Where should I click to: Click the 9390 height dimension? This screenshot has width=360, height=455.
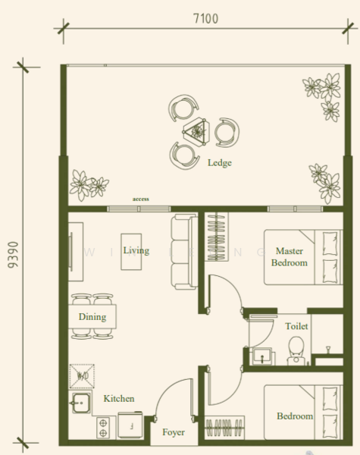click(x=10, y=258)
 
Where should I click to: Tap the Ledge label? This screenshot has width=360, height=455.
click(x=220, y=163)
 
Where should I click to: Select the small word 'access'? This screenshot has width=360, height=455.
click(x=140, y=199)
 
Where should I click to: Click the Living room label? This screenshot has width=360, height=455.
click(x=136, y=250)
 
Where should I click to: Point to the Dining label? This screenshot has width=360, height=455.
click(x=92, y=317)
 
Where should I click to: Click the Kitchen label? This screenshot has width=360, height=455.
click(x=119, y=398)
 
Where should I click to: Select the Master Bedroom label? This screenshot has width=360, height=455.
click(x=290, y=257)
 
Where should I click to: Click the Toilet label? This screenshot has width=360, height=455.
click(x=296, y=326)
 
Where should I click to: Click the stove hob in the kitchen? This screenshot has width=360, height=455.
click(x=103, y=427)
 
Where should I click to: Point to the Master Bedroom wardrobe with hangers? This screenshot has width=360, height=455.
click(x=216, y=237)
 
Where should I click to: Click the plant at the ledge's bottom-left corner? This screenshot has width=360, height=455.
click(x=87, y=184)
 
